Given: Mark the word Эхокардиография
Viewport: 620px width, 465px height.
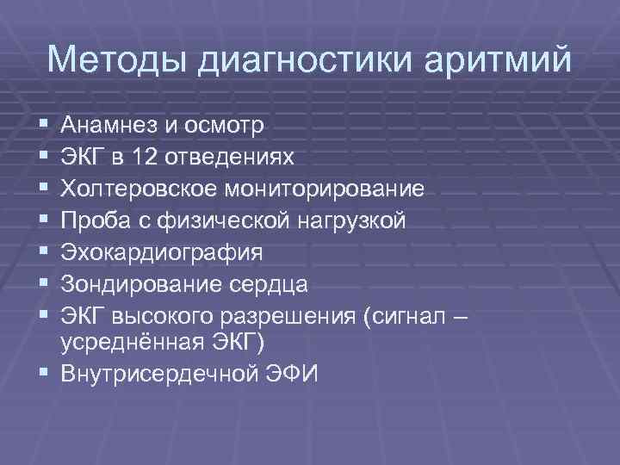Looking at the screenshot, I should tap(163, 252).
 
